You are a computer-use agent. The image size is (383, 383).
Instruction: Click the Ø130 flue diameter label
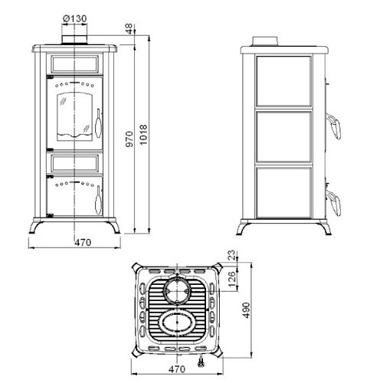(74, 18)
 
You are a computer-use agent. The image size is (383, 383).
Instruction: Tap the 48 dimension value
(129, 28)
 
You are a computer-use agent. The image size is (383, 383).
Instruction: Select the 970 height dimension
(129, 139)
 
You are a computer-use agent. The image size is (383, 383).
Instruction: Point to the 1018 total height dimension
(143, 135)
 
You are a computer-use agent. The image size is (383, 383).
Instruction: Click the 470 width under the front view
(83, 242)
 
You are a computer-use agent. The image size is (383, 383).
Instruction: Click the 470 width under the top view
(177, 369)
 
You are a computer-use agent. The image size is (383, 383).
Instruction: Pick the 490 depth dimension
(246, 310)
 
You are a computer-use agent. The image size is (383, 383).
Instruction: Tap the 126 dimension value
(232, 279)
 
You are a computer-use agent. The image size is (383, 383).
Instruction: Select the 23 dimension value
(232, 255)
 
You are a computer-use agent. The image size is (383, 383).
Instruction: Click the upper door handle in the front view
(98, 124)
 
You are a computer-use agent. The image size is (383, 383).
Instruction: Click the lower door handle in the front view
(98, 200)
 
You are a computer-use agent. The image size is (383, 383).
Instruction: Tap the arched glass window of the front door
(74, 116)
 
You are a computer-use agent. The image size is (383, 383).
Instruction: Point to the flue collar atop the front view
(74, 40)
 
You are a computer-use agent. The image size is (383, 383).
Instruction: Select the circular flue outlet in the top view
(177, 291)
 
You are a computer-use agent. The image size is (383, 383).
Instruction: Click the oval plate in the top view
(177, 324)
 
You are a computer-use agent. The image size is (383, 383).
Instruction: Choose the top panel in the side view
(283, 81)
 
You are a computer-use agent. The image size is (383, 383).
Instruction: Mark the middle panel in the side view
(283, 137)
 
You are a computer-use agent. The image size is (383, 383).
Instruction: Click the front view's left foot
(35, 227)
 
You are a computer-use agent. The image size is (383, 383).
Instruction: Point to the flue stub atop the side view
(265, 41)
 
